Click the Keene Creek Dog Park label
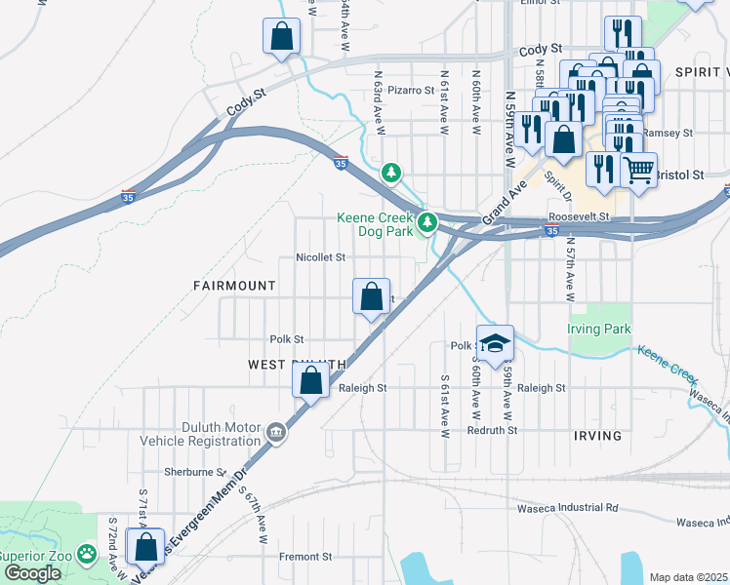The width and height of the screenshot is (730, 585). (375, 226)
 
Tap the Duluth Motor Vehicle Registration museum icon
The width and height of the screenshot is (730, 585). (276, 431)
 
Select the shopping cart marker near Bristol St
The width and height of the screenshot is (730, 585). (638, 172)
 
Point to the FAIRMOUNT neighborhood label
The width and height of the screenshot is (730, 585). (234, 285)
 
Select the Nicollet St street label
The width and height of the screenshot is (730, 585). (321, 258)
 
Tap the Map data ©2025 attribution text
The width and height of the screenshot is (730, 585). (687, 577)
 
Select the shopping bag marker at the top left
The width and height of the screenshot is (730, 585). (281, 36)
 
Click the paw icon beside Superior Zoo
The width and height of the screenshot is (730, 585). (87, 554)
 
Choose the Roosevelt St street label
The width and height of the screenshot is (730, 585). (579, 216)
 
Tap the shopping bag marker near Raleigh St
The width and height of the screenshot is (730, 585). (310, 380)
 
